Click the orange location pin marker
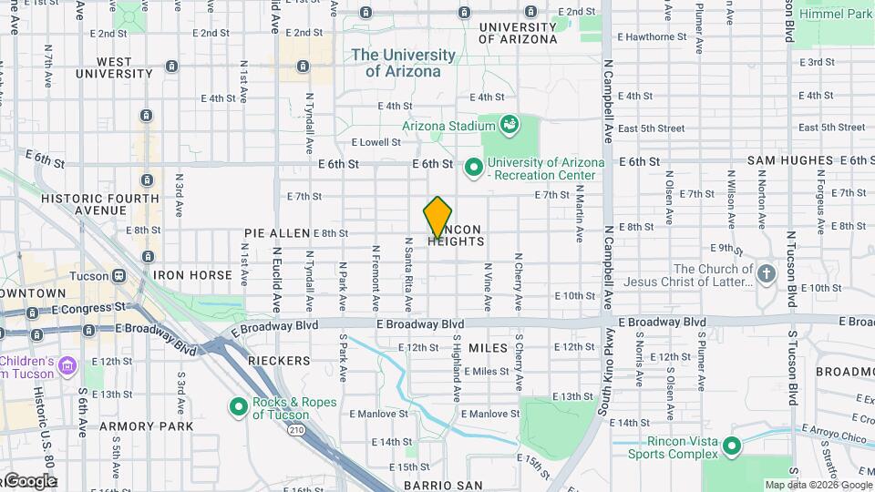438,217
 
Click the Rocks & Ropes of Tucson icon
238,406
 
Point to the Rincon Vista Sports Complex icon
731,445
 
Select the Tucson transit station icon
118,274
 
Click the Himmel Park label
835,14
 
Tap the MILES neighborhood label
488,348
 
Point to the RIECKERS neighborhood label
279,361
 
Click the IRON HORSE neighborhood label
192,274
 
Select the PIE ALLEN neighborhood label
277,233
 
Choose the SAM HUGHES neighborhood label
790,160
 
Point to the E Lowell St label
376,142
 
